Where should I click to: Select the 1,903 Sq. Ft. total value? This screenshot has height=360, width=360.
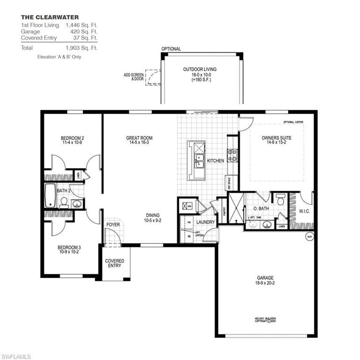pos(82,48)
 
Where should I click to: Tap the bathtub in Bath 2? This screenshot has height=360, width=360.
pos(50,195)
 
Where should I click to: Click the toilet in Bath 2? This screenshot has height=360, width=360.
pos(64,202)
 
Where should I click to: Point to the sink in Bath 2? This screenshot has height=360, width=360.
pos(77,203)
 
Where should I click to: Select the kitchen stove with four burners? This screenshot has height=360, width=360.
pos(232,155)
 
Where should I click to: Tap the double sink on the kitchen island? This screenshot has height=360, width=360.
pos(199,161)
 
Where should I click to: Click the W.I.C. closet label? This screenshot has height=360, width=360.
pos(305,211)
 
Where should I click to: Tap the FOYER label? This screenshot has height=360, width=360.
pos(113,225)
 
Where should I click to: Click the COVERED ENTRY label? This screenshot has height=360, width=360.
pos(114,263)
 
